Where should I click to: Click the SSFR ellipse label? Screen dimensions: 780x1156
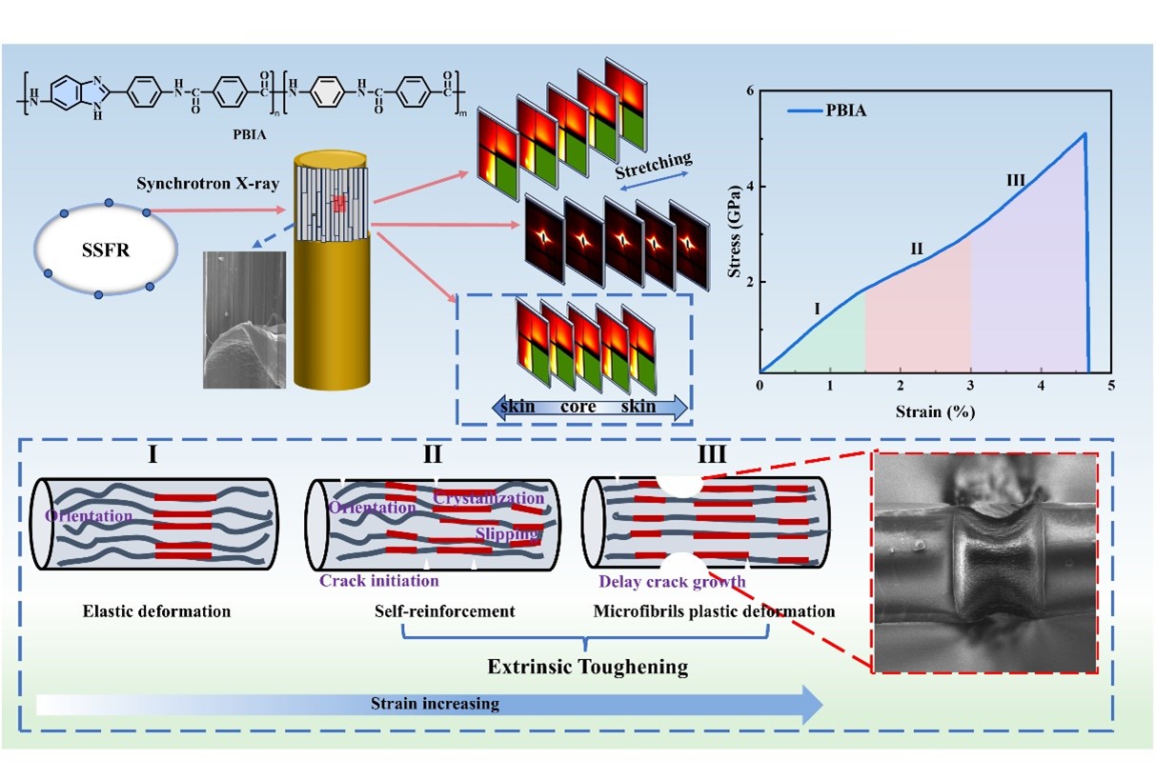pyautogui.click(x=104, y=247)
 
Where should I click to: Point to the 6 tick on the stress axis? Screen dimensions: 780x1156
pyautogui.click(x=750, y=91)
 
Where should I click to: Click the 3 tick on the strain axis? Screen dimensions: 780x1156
pyautogui.click(x=971, y=385)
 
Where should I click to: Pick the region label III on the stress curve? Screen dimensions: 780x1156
pyautogui.click(x=1017, y=180)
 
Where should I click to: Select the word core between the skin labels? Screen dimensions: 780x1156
pyautogui.click(x=578, y=407)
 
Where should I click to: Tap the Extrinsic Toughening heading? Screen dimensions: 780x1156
pyautogui.click(x=587, y=666)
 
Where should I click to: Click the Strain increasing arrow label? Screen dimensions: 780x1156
pyautogui.click(x=435, y=704)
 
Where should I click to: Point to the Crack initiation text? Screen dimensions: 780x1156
pyautogui.click(x=379, y=580)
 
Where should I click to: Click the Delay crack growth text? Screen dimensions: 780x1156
pyautogui.click(x=672, y=582)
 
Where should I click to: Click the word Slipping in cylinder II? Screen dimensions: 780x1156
pyautogui.click(x=508, y=533)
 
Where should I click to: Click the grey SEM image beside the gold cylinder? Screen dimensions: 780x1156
pyautogui.click(x=244, y=319)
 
